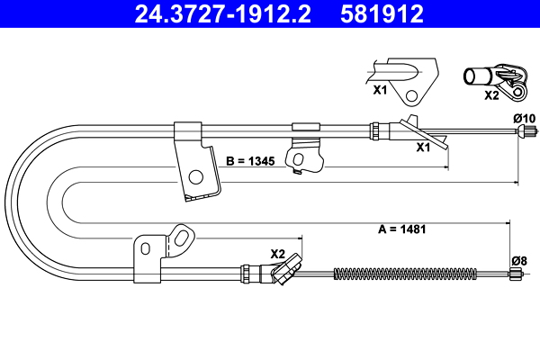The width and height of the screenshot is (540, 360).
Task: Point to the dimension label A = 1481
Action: [x=397, y=229]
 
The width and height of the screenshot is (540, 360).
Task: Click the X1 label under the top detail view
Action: [x=380, y=91]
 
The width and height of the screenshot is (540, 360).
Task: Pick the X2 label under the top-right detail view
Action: [x=491, y=94]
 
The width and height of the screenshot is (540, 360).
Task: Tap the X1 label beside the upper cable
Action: [x=422, y=148]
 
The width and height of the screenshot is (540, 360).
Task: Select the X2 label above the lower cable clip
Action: [x=277, y=253]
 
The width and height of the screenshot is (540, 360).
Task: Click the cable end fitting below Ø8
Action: [x=517, y=276]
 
